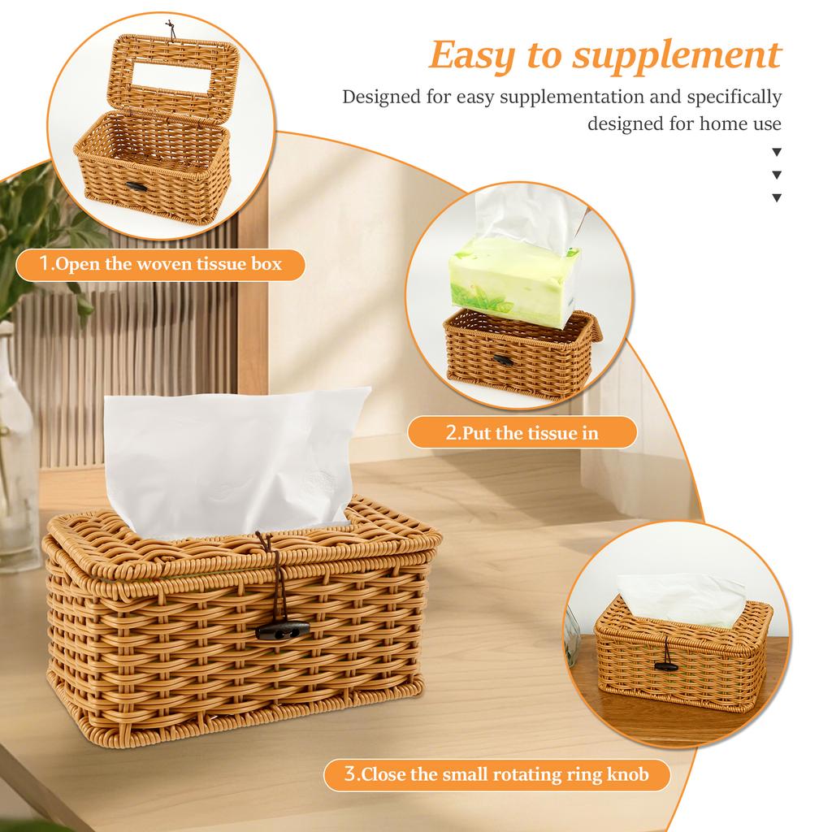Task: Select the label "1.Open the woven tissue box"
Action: (160, 264)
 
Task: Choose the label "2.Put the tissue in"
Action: (522, 432)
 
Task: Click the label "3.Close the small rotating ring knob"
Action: (496, 774)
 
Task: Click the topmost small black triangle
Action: (777, 152)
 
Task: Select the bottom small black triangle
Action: (777, 197)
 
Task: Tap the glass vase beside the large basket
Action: (16, 455)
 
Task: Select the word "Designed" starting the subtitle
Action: (382, 97)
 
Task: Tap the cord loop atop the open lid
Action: (170, 27)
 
